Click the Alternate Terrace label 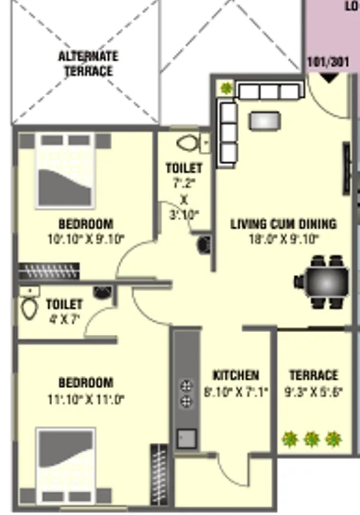point(88,64)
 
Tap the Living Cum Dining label point(283,224)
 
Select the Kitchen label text point(236,375)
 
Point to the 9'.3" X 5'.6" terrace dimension point(313,391)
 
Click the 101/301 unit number point(329,63)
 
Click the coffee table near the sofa point(265,120)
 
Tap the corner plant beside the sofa point(226,88)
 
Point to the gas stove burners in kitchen point(186,394)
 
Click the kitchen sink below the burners point(186,438)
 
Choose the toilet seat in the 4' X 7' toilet point(29,308)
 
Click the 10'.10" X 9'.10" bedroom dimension point(86,239)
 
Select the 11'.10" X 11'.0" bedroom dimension point(86,399)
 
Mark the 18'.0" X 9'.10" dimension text point(283,239)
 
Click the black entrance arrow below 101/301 point(329,78)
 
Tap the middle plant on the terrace point(312,440)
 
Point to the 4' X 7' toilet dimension point(64,318)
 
